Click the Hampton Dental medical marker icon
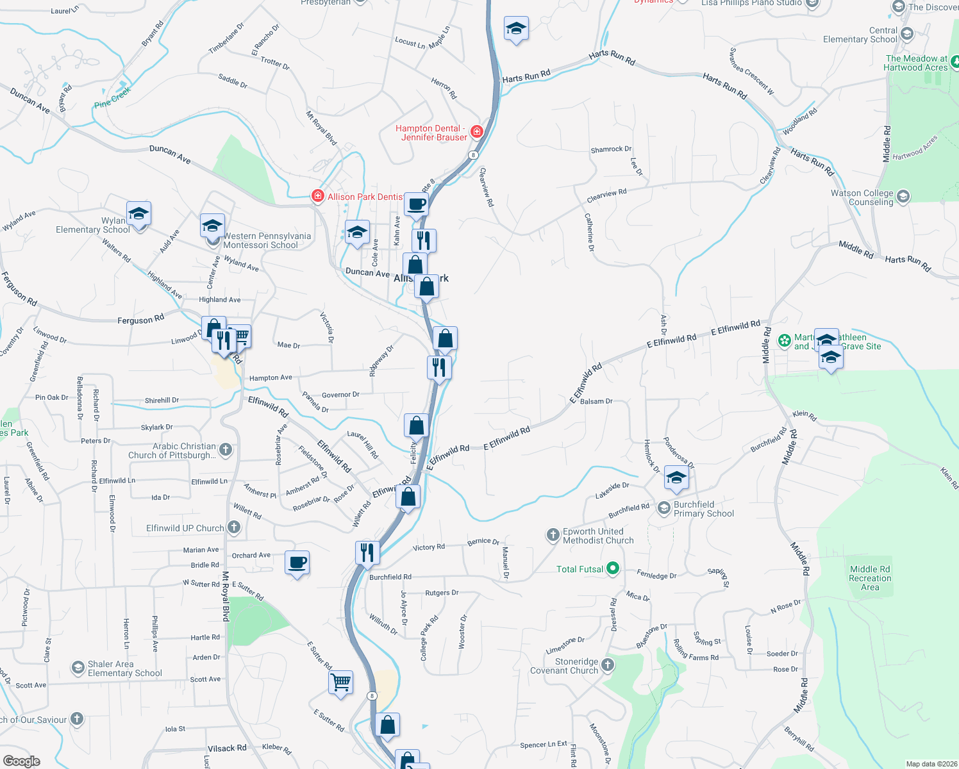(x=476, y=132)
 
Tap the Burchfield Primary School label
(x=703, y=509)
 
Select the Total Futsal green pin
(x=613, y=568)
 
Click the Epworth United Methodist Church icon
(x=553, y=534)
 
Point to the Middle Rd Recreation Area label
(x=870, y=578)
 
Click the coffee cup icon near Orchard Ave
(x=297, y=563)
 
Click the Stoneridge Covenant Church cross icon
(x=608, y=665)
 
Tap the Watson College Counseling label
(x=862, y=197)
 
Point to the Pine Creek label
(x=112, y=97)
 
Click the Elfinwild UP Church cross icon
(x=234, y=527)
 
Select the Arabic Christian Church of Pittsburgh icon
(x=226, y=450)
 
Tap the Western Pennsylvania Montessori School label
(x=267, y=240)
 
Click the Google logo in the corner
(x=22, y=761)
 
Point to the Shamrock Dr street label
(x=611, y=149)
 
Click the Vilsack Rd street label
(x=227, y=748)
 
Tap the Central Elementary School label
(x=860, y=35)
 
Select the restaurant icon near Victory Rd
(x=367, y=552)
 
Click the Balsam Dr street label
(x=596, y=402)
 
